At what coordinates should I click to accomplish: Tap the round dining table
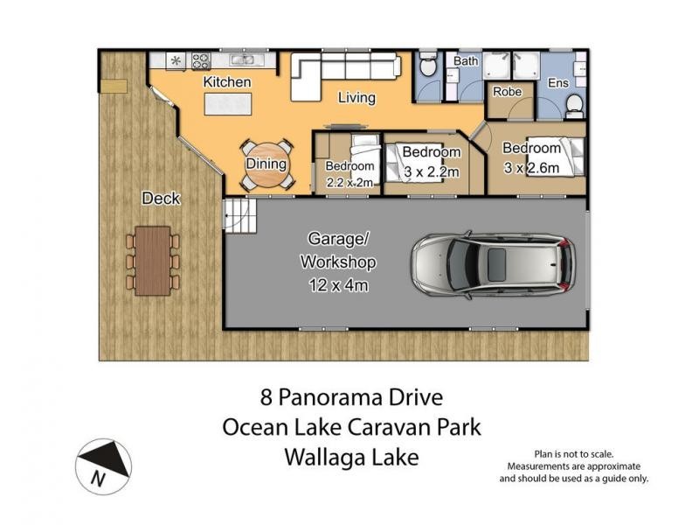tap(266, 165)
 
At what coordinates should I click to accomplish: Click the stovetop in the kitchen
tap(201, 61)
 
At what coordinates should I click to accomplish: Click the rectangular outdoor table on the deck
tap(153, 259)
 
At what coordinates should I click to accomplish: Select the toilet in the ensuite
tap(574, 104)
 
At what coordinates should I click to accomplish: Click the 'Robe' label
tap(507, 91)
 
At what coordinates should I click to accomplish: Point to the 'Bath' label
tap(465, 61)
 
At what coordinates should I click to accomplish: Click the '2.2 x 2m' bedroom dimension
tap(349, 183)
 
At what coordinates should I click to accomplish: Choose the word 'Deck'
tap(161, 199)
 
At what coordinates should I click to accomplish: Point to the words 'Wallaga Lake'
tap(351, 458)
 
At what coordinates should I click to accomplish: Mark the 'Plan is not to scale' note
tap(573, 454)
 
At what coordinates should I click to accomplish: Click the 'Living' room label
tap(356, 98)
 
